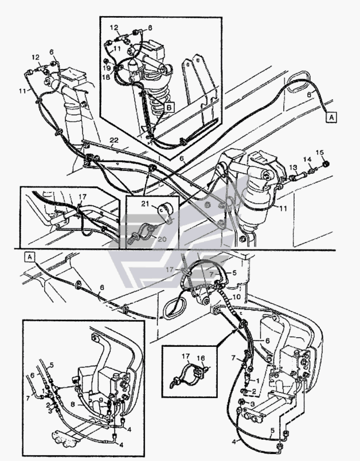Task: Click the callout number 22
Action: click(x=114, y=140)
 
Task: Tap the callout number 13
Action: click(x=293, y=167)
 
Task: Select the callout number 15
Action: click(x=320, y=153)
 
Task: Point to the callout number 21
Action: click(x=145, y=203)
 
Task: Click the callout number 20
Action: click(x=162, y=239)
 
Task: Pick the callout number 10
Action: click(x=236, y=297)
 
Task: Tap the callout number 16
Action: click(x=201, y=358)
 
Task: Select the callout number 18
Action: click(x=107, y=77)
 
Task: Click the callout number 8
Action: click(x=73, y=404)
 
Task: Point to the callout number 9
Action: click(x=101, y=400)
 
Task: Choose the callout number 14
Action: click(x=307, y=159)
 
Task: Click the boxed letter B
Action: click(x=169, y=107)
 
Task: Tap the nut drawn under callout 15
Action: click(x=326, y=164)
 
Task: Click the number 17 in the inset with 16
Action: click(x=186, y=357)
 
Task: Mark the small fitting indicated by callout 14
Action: click(x=312, y=170)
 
